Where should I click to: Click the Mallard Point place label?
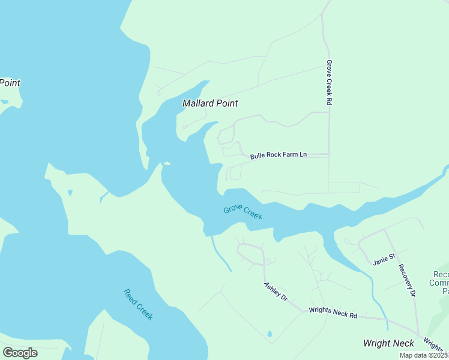pyautogui.click(x=210, y=103)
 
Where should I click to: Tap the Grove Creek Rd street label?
pyautogui.click(x=329, y=82)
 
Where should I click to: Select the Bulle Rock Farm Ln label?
pyautogui.click(x=278, y=155)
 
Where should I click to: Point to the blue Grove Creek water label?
pyautogui.click(x=243, y=212)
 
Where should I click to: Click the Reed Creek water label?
pyautogui.click(x=138, y=304)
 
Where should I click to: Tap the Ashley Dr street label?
pyautogui.click(x=276, y=292)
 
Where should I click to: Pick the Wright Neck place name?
pyautogui.click(x=388, y=343)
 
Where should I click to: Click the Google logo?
pyautogui.click(x=20, y=353)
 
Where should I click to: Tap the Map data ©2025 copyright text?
pyautogui.click(x=424, y=355)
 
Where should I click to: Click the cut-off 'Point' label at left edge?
pyautogui.click(x=10, y=83)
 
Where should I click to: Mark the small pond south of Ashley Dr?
pyautogui.click(x=269, y=334)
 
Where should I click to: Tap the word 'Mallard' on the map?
pyautogui.click(x=198, y=103)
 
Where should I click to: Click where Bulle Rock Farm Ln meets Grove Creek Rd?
pyautogui.click(x=329, y=155)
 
